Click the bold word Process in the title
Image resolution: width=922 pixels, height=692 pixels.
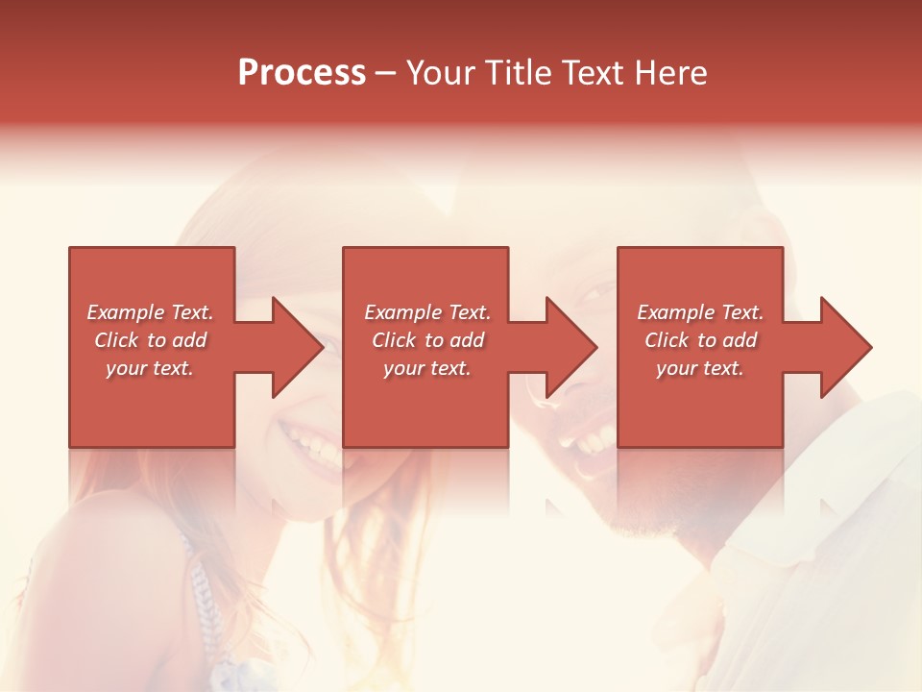tap(302, 73)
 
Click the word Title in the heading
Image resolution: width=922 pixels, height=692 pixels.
tap(520, 73)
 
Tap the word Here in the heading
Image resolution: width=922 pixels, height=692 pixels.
tap(670, 73)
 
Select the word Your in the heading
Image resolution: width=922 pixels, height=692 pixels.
tap(443, 73)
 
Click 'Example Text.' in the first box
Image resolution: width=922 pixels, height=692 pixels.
tap(150, 312)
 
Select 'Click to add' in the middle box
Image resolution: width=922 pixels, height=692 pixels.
tap(427, 340)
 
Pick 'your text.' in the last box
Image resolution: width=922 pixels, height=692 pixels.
tap(700, 368)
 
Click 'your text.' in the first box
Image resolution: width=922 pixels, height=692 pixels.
tap(150, 368)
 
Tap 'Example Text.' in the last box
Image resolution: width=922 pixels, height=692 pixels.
tap(700, 312)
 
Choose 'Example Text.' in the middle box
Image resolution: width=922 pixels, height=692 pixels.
tap(427, 312)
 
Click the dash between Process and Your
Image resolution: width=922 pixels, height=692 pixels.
tap(386, 74)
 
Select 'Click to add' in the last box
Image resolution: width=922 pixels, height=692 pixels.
tap(700, 340)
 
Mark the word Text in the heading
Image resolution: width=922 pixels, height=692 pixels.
tap(593, 73)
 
